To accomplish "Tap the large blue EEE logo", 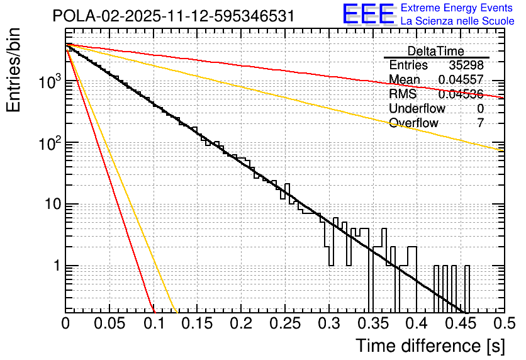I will click(369, 14).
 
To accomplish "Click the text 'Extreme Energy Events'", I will click(457, 8).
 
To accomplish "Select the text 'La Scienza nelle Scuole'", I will click(457, 21).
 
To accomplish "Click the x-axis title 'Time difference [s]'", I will click(430, 346).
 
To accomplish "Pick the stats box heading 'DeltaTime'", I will click(435, 51).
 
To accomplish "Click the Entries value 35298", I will click(466, 65).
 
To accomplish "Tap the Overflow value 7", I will click(480, 123).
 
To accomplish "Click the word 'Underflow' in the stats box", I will click(417, 108).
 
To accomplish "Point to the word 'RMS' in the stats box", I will click(403, 94).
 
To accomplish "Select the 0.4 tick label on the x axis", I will click(415, 324).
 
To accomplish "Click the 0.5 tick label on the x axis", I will click(503, 324).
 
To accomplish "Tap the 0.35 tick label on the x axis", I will click(372, 324).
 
